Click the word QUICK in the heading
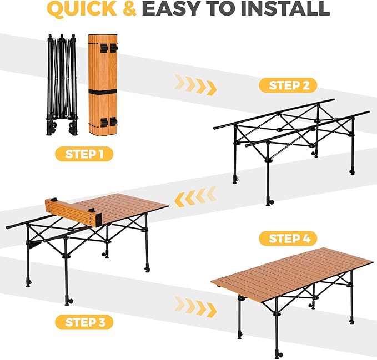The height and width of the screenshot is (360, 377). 81,8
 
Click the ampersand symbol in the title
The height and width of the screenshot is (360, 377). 129,8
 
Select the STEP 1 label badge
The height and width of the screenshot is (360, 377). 84,154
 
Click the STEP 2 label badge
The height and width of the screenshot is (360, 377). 288,85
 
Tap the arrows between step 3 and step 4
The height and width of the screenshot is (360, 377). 195,305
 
